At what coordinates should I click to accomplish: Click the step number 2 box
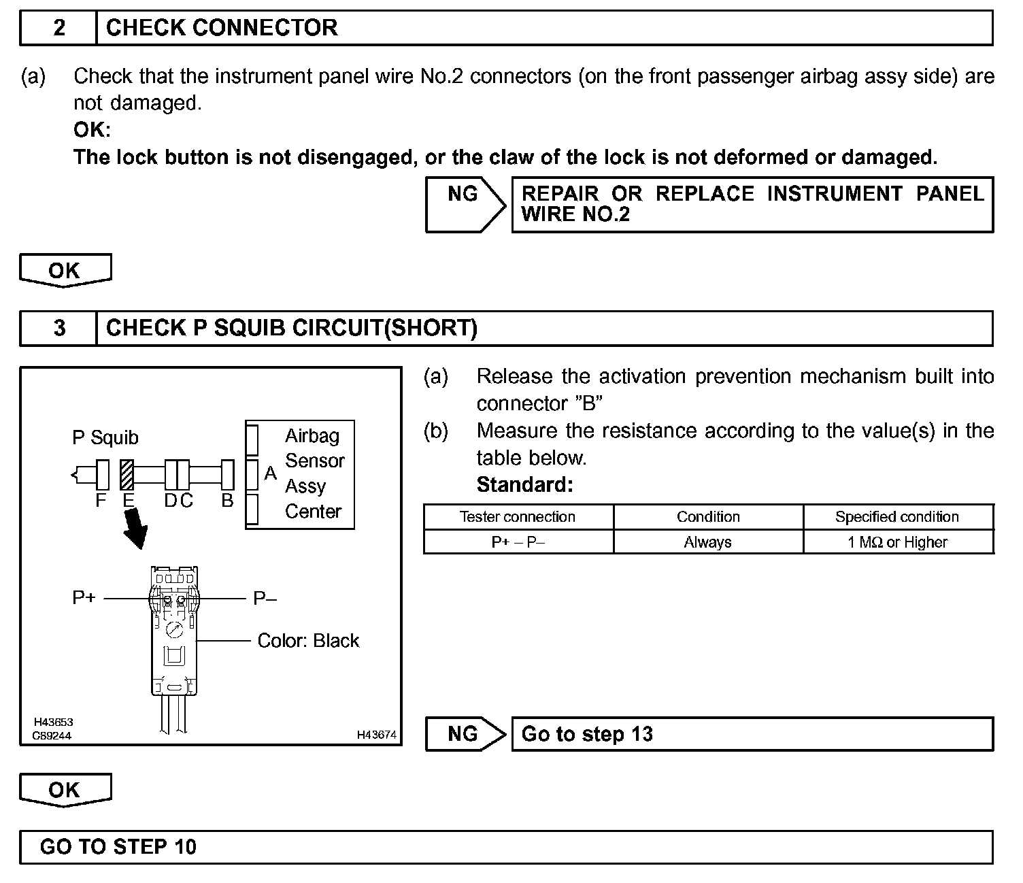click(x=59, y=28)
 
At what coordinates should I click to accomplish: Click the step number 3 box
click(x=59, y=329)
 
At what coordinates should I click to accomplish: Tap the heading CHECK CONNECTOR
click(x=222, y=28)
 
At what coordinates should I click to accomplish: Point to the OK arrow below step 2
click(x=65, y=271)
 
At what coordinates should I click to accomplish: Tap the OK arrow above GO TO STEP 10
click(x=65, y=790)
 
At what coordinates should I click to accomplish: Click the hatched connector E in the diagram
click(x=127, y=475)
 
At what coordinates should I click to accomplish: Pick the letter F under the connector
click(x=101, y=501)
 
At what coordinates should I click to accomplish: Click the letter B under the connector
click(x=228, y=501)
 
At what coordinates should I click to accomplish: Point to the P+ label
click(x=84, y=598)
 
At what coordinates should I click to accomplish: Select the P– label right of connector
click(x=265, y=599)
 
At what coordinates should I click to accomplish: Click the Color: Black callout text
click(x=308, y=641)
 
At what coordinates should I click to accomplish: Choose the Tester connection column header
click(x=518, y=517)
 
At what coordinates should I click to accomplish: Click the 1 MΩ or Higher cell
click(x=897, y=542)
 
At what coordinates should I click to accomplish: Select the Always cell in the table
click(x=707, y=542)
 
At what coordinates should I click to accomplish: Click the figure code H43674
click(x=377, y=735)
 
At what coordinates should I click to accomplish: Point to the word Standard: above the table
click(x=524, y=485)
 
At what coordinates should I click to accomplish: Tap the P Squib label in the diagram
click(x=105, y=437)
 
